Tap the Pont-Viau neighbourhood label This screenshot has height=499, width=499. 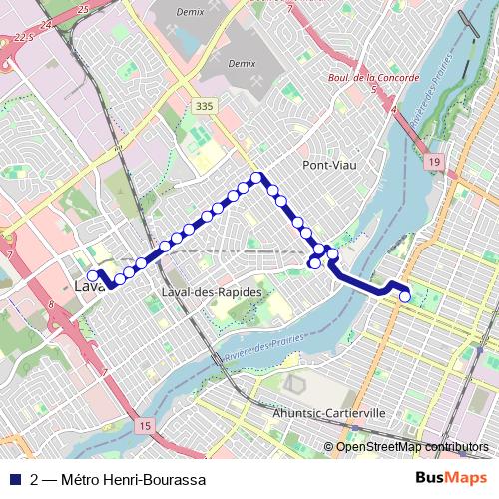(327, 165)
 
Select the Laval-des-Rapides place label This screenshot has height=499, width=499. (211, 292)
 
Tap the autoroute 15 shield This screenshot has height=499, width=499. (146, 426)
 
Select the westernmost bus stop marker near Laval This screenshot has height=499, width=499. (92, 276)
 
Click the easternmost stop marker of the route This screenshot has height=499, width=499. (405, 296)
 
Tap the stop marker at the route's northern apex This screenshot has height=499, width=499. (256, 178)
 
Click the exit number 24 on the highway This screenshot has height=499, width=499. (47, 24)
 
